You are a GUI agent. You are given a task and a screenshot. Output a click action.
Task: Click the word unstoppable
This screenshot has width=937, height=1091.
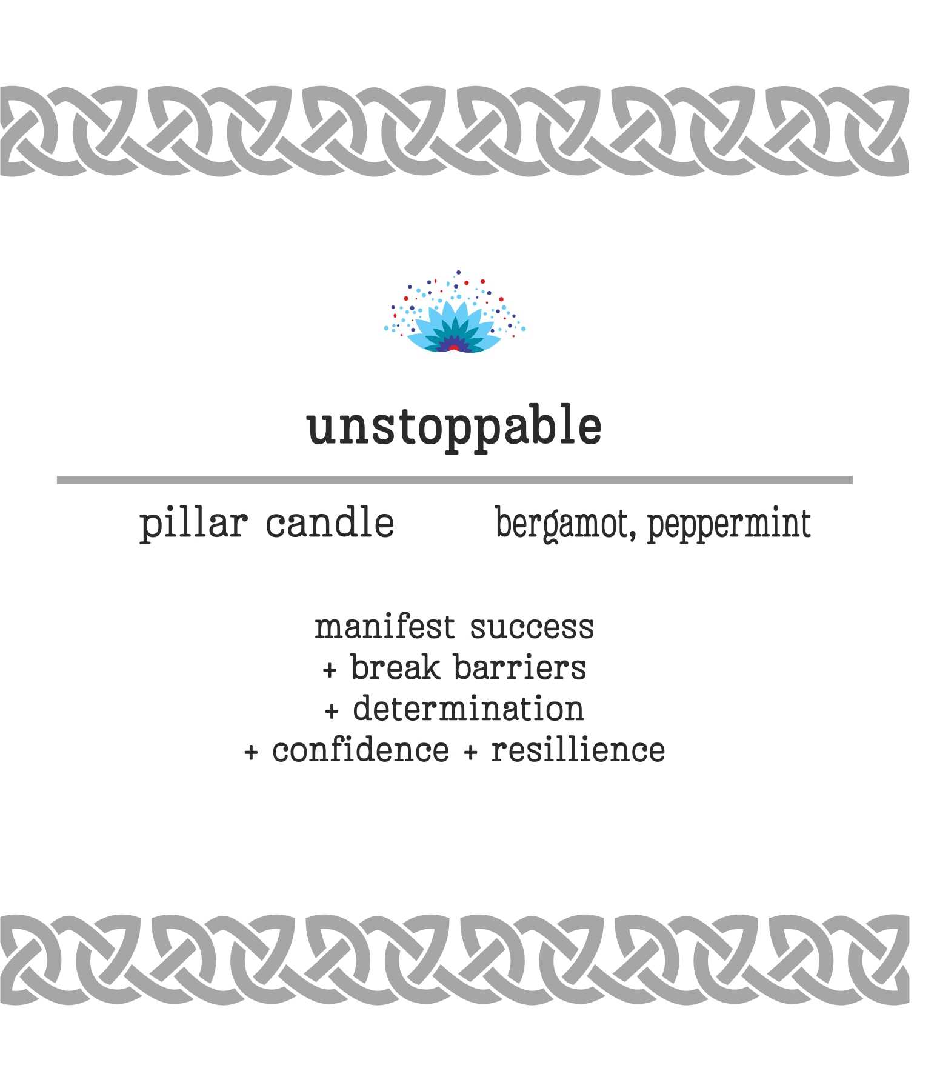click(455, 427)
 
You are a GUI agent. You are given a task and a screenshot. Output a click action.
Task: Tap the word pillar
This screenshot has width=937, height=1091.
click(193, 524)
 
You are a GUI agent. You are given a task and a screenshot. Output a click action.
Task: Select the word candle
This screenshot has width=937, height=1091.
click(330, 522)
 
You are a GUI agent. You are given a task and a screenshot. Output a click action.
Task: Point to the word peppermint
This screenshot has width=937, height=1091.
click(729, 525)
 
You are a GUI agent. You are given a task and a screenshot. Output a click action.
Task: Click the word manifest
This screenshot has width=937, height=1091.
click(384, 627)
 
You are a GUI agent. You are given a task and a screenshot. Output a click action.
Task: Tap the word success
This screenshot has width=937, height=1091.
click(532, 629)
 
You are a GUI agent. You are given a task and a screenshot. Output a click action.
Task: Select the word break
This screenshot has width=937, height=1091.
click(396, 667)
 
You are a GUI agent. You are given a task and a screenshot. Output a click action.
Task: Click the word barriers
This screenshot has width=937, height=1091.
click(520, 667)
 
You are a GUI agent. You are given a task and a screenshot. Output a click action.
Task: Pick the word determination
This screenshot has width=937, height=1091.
click(468, 709)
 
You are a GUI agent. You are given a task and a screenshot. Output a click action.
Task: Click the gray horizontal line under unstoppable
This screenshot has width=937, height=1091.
click(455, 480)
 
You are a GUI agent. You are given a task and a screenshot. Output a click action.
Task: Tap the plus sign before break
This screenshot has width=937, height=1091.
click(329, 670)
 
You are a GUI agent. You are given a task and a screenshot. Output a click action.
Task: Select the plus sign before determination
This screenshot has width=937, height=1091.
click(332, 712)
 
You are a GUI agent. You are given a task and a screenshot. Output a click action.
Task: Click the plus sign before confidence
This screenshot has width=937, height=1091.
click(251, 753)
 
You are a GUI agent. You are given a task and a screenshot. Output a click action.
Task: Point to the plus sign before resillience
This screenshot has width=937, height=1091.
click(470, 753)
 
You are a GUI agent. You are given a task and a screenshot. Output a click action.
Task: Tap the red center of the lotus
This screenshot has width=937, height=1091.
click(453, 348)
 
